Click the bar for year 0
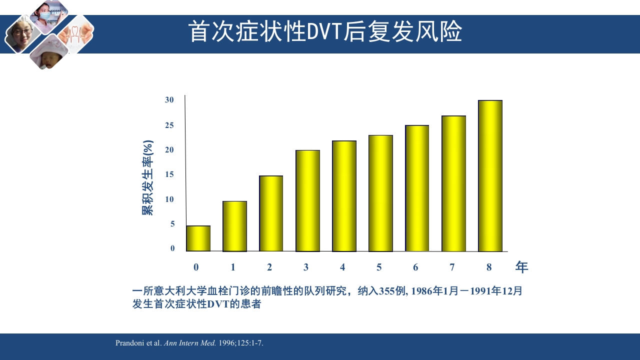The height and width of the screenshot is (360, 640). pyautogui.click(x=198, y=238)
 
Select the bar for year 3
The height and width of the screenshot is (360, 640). pyautogui.click(x=307, y=200)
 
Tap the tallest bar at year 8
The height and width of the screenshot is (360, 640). pyautogui.click(x=490, y=176)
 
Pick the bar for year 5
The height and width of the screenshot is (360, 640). pyautogui.click(x=380, y=193)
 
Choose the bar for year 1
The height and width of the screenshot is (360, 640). pyautogui.click(x=234, y=226)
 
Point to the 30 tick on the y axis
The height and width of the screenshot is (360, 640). pyautogui.click(x=170, y=100)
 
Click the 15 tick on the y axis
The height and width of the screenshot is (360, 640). pyautogui.click(x=170, y=174)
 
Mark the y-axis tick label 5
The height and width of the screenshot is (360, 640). pyautogui.click(x=172, y=224)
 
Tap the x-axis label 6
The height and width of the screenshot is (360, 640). pyautogui.click(x=415, y=267)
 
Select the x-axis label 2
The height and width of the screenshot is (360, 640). pyautogui.click(x=269, y=267)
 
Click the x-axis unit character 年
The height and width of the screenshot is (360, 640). pyautogui.click(x=521, y=267)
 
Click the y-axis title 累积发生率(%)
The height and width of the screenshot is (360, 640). pyautogui.click(x=147, y=177)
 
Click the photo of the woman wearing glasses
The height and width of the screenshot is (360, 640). pyautogui.click(x=21, y=33)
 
